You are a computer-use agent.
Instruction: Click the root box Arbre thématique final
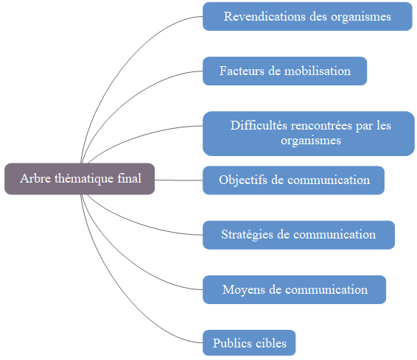[80, 179]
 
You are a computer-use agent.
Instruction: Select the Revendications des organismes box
[307, 16]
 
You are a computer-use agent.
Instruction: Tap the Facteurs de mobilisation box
[285, 71]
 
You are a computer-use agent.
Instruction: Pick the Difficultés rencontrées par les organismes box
[309, 133]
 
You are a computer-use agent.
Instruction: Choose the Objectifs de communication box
[294, 180]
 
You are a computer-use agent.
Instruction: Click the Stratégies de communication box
[298, 235]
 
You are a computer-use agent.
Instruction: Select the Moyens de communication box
[295, 289]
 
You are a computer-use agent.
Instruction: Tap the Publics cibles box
[249, 343]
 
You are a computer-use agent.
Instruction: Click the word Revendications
[264, 16]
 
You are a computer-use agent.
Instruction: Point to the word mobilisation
[318, 71]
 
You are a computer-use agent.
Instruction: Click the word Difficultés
[259, 125]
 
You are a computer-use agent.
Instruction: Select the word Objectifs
[243, 180]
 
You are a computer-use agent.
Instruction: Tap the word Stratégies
[248, 235]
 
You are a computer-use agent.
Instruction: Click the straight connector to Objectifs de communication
[179, 180]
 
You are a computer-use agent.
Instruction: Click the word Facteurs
[242, 71]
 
